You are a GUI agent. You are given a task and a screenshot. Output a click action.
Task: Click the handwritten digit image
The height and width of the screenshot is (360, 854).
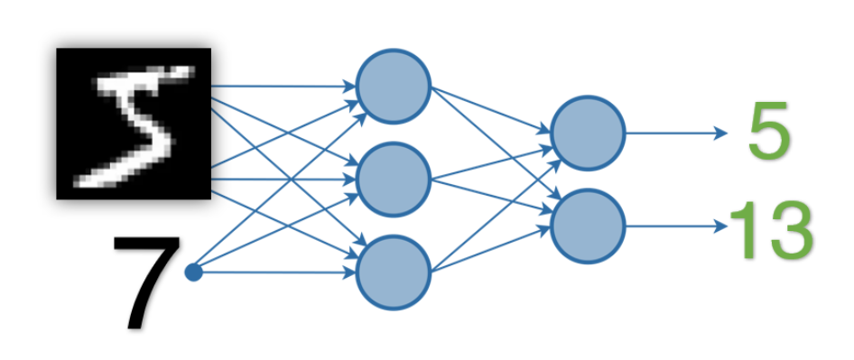pyautogui.click(x=134, y=123)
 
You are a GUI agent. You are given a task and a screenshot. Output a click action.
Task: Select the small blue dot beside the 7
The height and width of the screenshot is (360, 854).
pyautogui.click(x=192, y=271)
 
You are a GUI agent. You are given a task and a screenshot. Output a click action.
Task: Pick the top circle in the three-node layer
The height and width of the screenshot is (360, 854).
pyautogui.click(x=394, y=87)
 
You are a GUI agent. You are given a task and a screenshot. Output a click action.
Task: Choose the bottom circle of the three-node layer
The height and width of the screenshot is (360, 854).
pyautogui.click(x=394, y=271)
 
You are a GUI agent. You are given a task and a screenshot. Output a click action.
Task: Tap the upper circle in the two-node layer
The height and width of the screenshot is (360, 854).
pyautogui.click(x=588, y=133)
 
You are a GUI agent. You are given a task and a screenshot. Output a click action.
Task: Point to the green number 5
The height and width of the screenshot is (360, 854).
pyautogui.click(x=769, y=133)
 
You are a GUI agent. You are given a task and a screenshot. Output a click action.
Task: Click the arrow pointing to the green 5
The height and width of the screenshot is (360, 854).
pyautogui.click(x=677, y=133)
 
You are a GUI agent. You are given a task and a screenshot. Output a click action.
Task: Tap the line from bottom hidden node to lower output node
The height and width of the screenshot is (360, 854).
pyautogui.click(x=492, y=246)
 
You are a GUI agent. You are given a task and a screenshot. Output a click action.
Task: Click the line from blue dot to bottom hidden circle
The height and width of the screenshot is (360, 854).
pyautogui.click(x=271, y=271)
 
